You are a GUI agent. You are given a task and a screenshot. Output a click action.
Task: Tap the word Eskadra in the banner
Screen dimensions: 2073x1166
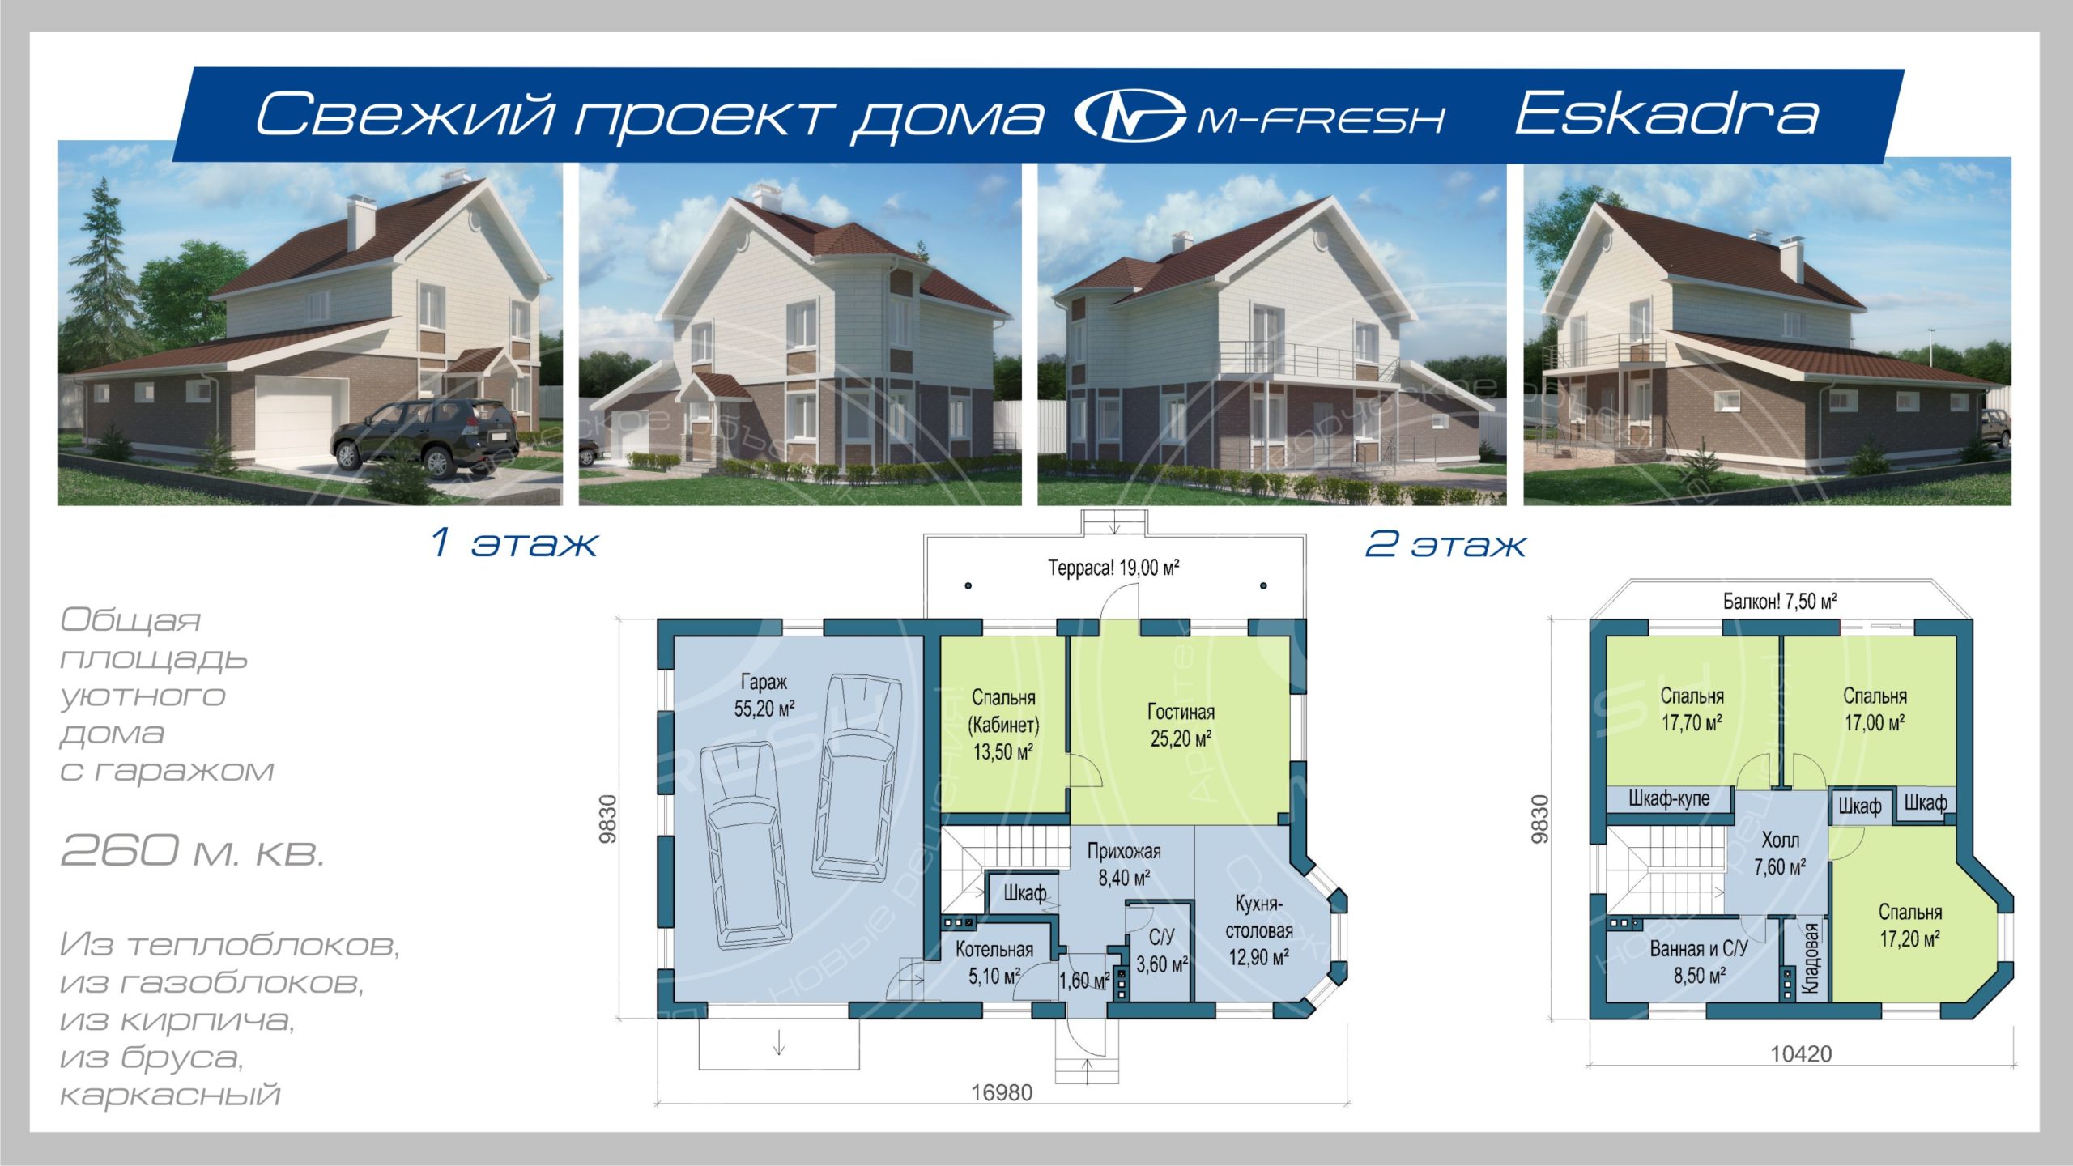pos(1666,115)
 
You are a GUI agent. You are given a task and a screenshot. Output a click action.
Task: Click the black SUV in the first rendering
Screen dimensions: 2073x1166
pos(424,435)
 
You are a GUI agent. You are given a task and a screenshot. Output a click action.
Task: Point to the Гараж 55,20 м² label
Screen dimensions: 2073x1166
pos(764,696)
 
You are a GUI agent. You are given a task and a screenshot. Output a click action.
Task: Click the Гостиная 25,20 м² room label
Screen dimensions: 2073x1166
pos(1181,726)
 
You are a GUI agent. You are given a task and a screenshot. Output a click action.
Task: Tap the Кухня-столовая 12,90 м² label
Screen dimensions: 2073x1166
pos(1258,930)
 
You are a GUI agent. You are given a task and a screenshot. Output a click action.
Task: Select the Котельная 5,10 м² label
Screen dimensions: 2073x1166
pos(994,963)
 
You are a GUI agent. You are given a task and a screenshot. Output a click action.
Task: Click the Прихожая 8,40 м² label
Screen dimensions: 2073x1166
pos(1124,864)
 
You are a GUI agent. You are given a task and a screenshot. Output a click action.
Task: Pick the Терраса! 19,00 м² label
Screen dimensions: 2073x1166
pos(1113,568)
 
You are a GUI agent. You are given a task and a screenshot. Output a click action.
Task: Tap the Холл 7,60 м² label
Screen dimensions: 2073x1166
pos(1780,853)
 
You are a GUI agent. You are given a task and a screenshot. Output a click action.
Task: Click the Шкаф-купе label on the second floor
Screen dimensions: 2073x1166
pos(1669,798)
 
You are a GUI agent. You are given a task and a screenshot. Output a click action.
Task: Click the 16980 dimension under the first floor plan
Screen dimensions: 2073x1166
pos(1002,1093)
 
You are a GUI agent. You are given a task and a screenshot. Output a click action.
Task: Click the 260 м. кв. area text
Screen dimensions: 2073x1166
pos(193,850)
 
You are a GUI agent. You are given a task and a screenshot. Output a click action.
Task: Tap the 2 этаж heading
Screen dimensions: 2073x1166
pos(1445,543)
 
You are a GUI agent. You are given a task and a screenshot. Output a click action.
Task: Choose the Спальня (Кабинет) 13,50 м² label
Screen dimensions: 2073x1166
pos(1003,725)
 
